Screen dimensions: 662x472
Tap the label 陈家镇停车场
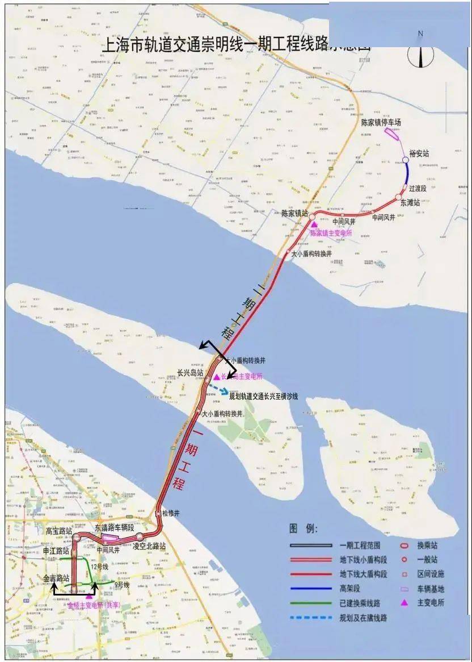pos(381,122)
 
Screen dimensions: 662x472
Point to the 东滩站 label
pos(410,202)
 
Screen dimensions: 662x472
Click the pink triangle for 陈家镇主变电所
pos(313,225)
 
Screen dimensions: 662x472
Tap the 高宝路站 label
pos(59,531)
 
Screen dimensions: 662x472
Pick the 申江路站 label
pos(56,551)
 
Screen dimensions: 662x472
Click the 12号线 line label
pos(98,567)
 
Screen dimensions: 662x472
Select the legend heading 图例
pos(304,528)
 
